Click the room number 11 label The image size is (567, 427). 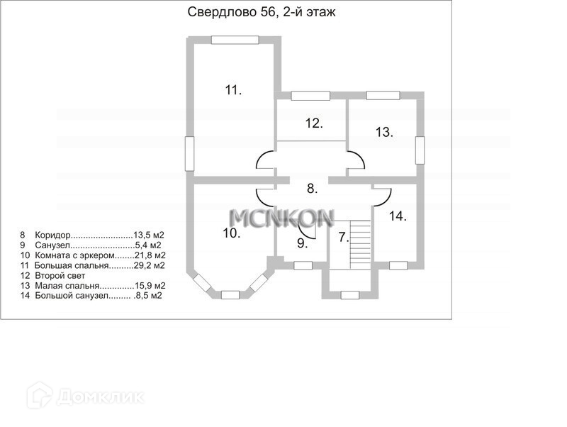[233, 90]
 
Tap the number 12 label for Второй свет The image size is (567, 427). [314, 123]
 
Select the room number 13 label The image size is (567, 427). [384, 132]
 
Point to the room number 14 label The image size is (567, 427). [398, 216]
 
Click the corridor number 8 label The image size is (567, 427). [312, 188]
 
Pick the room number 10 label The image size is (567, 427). [232, 233]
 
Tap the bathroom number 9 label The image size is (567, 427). [303, 243]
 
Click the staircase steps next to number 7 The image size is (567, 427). [360, 245]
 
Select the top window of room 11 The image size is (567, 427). [235, 40]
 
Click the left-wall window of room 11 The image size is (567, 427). [189, 153]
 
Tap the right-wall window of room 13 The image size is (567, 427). [420, 150]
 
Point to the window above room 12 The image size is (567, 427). [310, 96]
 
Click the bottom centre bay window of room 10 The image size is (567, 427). [230, 295]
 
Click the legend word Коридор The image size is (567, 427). [52, 235]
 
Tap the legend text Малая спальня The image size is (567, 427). [67, 286]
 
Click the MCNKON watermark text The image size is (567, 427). [281, 218]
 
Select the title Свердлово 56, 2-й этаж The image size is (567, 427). [262, 12]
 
